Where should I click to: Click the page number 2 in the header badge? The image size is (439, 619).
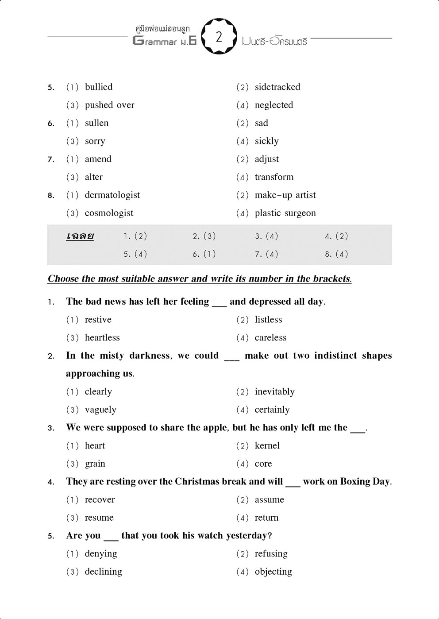pos(219,37)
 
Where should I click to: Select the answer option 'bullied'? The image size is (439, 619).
pos(99,87)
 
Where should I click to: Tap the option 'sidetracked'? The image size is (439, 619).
pos(277,87)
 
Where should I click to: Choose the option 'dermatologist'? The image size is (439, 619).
pos(112,195)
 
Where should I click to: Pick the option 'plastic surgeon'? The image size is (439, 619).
pos(285,213)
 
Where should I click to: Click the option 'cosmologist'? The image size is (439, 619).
pos(109,213)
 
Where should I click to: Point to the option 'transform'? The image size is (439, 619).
pos(274,177)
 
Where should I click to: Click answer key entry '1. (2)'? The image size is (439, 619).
pos(135,236)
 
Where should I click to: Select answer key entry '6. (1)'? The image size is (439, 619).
pos(204,254)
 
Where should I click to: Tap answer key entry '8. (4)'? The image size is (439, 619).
pos(336,254)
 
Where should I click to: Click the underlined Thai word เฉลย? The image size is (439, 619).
pos(80,236)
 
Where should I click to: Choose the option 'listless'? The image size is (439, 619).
pos(268,320)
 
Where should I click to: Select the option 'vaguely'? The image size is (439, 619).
pos(100,410)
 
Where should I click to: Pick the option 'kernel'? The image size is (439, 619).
pos(267,445)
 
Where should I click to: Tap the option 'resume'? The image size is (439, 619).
pos(99,518)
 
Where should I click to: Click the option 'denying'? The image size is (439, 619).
pos(101,553)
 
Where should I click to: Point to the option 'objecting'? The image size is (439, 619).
pos(273,572)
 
